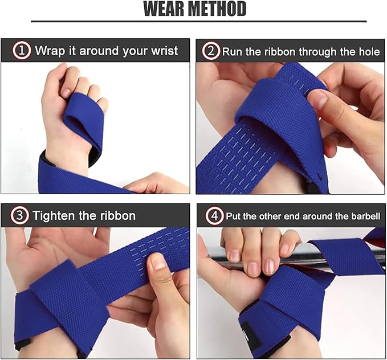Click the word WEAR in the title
166,9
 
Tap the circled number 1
22,51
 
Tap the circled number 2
211,51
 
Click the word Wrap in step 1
50,51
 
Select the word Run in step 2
231,51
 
